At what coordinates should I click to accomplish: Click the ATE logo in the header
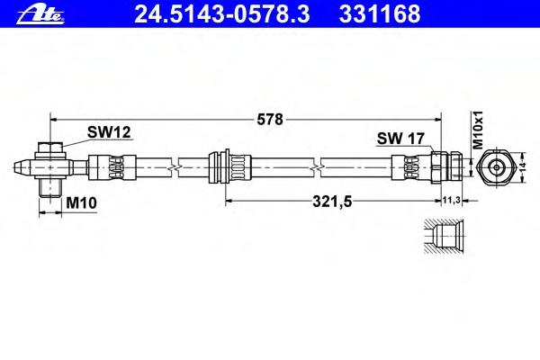[x=40, y=14]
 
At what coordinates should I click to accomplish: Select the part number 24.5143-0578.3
[x=222, y=14]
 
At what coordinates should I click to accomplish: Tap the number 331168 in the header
[x=380, y=14]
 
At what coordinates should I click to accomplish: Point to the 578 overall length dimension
[x=270, y=119]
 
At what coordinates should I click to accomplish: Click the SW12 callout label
[x=109, y=132]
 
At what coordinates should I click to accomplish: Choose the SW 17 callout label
[x=400, y=139]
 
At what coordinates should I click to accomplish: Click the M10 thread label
[x=81, y=202]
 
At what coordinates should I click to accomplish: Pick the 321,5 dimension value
[x=332, y=202]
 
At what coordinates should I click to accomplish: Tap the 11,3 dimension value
[x=451, y=200]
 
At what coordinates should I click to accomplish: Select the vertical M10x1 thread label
[x=478, y=130]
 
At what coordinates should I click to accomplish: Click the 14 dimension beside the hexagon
[x=523, y=167]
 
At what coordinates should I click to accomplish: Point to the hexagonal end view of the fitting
[x=496, y=167]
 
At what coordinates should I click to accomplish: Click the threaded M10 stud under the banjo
[x=50, y=188]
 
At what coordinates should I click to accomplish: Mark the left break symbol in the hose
[x=175, y=167]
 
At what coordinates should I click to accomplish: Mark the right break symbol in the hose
[x=317, y=167]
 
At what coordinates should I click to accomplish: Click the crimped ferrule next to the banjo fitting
[x=112, y=167]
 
